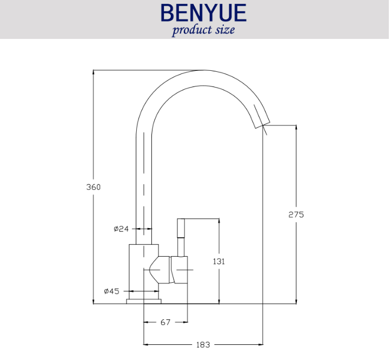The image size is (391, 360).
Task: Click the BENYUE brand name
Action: point(203,12)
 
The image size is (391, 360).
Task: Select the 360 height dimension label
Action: point(93,187)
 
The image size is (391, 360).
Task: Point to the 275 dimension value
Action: point(296,215)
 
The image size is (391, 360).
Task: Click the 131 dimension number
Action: point(218,262)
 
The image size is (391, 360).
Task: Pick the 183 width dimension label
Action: point(203,345)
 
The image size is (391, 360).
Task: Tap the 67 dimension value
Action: point(165,322)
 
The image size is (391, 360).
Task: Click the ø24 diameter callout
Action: point(121,229)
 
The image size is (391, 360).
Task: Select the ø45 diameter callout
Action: point(112,291)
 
